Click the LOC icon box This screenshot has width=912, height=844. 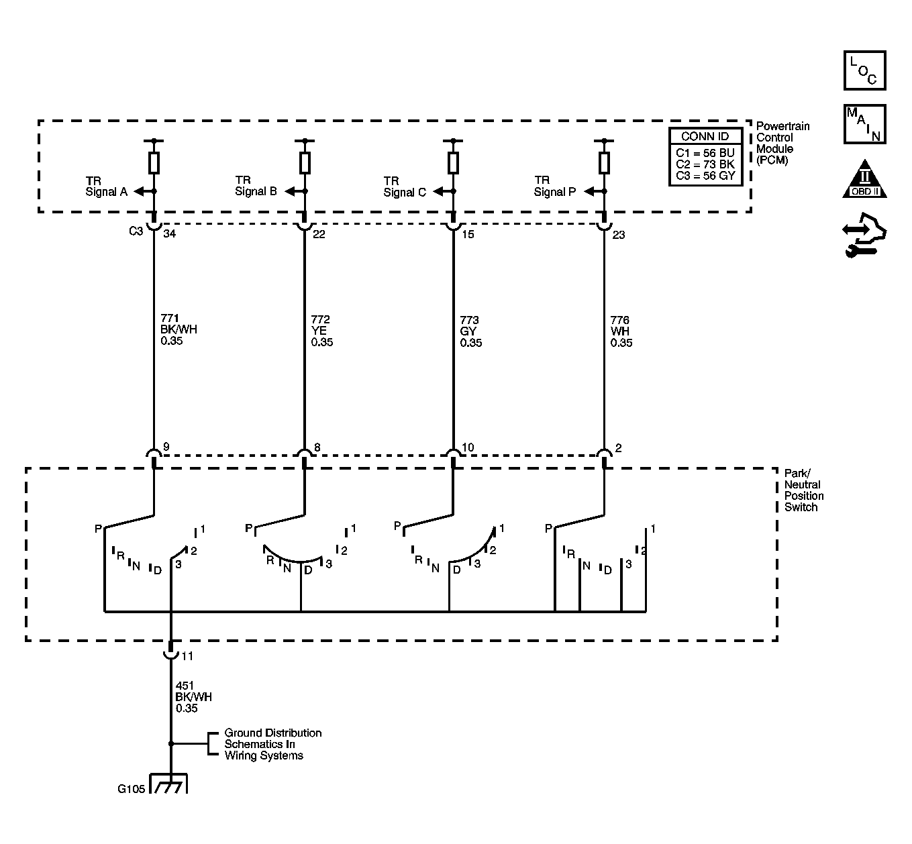pos(864,70)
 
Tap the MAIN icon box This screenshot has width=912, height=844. pos(864,124)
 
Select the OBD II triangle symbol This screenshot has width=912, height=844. pos(864,179)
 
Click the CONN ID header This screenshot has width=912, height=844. pos(705,136)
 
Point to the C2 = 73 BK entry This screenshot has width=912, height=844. pos(705,164)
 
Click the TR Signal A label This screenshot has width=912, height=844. pos(106,187)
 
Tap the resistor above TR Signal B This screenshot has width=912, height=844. pos(305,162)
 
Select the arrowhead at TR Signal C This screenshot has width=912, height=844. pos(438,191)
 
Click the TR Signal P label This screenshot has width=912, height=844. pos(554,186)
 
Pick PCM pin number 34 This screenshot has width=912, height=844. pos(170,233)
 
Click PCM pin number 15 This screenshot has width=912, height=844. pos(468,234)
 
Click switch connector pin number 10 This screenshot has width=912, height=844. pos(468,447)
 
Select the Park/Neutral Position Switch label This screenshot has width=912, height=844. pos(804,490)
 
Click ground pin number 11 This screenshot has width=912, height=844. pos(187,655)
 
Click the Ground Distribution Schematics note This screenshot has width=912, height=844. pos(272,744)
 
